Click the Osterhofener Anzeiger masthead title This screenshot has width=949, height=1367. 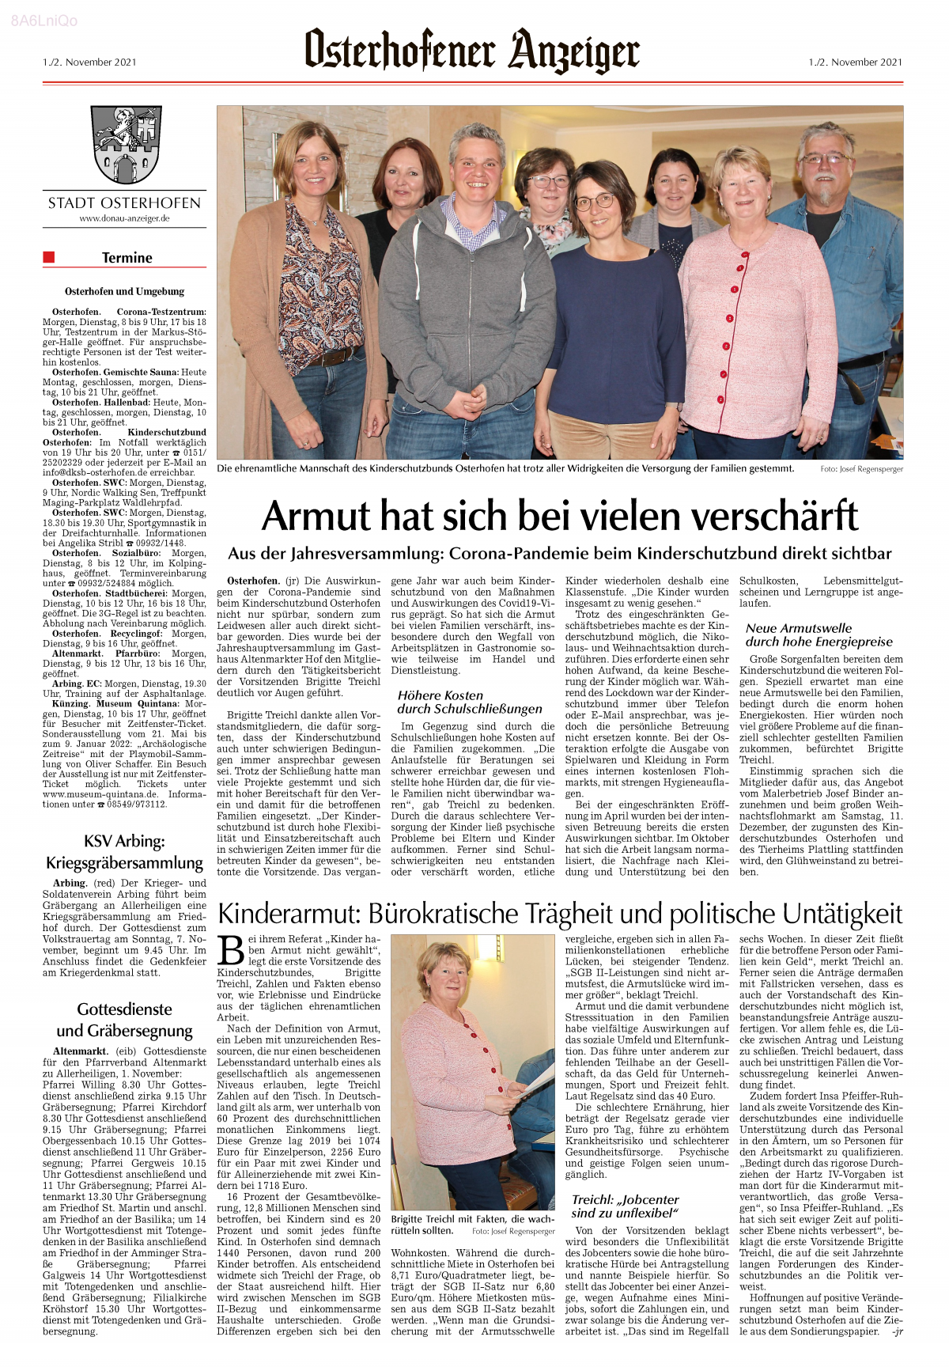[472, 51]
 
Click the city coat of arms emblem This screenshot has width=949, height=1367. [124, 145]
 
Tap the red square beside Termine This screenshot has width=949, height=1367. [49, 256]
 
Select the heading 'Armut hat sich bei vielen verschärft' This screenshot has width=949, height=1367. [559, 515]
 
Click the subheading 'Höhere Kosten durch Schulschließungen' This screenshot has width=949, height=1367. [469, 702]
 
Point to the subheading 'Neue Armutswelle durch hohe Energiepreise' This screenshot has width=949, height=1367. [819, 634]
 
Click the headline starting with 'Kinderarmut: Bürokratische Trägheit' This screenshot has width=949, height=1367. [559, 914]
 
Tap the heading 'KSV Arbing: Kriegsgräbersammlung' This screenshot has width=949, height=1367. [124, 851]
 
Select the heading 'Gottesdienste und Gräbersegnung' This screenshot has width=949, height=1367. [124, 1019]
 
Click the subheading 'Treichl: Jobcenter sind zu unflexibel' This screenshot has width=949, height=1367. [625, 1206]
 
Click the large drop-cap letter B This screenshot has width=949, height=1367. [231, 950]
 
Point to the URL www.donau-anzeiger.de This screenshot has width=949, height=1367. [124, 218]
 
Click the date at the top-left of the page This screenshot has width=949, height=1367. [89, 62]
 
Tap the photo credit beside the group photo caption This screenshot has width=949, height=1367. [861, 469]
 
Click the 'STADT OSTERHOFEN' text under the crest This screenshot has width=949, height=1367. [124, 203]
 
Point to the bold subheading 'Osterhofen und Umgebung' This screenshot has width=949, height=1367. [124, 291]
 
